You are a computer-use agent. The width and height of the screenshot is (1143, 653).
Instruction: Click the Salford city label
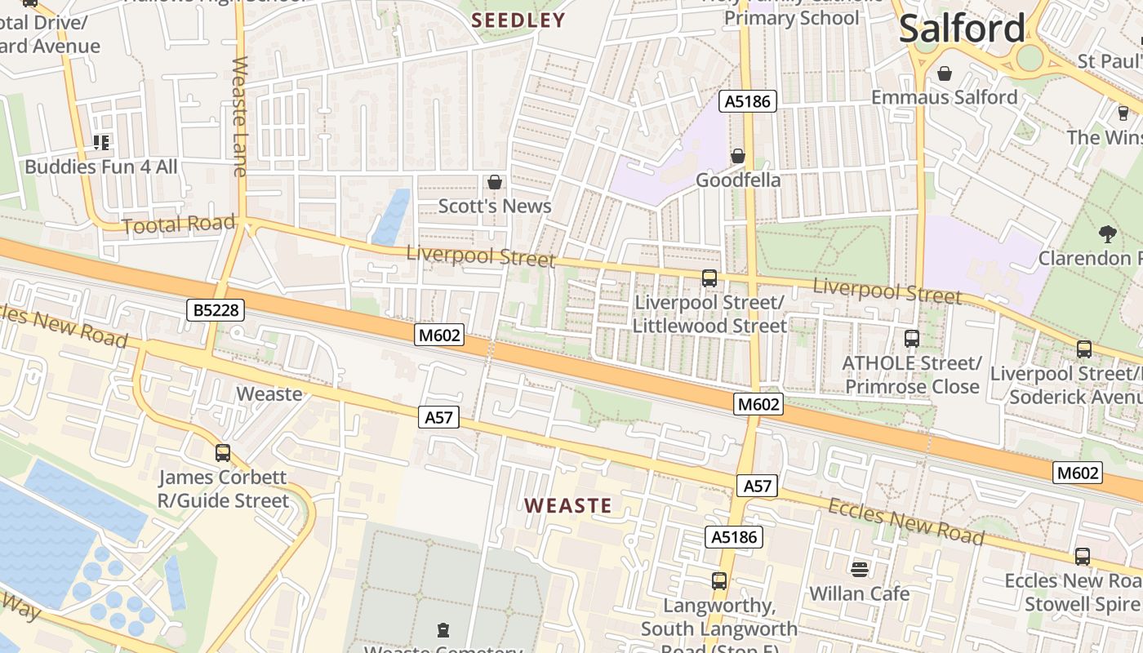tap(961, 29)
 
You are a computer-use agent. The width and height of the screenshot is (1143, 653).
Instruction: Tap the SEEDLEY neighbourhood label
tap(518, 20)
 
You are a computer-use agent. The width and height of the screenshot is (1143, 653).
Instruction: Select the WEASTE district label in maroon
tap(568, 505)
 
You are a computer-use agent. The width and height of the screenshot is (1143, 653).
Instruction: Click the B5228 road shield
tap(216, 310)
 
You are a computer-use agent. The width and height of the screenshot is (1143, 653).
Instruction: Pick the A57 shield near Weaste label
tap(438, 417)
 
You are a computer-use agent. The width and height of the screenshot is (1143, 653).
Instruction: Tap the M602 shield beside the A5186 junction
tap(758, 403)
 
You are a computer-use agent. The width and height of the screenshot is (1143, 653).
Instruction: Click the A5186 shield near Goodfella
tap(747, 101)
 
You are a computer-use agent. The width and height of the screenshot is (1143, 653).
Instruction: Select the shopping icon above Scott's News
tap(494, 182)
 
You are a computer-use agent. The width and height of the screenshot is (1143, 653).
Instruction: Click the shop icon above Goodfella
tap(738, 155)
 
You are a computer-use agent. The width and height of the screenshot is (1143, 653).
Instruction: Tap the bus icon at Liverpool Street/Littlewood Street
tap(709, 278)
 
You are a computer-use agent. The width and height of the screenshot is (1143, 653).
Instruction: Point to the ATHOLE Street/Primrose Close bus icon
tap(912, 338)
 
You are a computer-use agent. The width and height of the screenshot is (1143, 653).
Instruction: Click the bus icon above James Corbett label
tap(223, 452)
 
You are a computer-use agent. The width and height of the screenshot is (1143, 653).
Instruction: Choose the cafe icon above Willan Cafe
tap(859, 568)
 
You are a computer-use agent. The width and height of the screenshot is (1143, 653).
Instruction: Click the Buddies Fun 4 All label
tap(101, 167)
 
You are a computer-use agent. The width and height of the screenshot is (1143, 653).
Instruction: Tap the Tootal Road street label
tap(178, 224)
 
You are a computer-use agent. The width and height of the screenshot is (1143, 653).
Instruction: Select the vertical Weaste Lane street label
tap(240, 116)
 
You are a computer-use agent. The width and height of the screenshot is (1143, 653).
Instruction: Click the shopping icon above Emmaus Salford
tap(945, 73)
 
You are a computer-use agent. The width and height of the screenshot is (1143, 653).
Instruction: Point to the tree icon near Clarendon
tap(1107, 234)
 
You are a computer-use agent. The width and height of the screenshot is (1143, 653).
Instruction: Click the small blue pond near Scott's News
tap(392, 216)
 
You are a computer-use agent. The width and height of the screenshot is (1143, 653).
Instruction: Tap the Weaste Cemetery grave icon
tap(443, 629)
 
